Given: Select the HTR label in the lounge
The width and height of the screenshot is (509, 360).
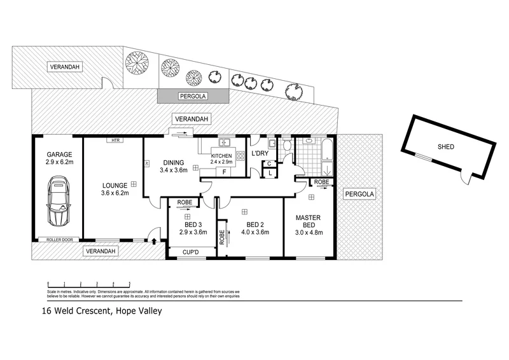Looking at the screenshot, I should coord(115,140).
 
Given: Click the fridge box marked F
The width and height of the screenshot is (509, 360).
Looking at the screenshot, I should coord(224,172).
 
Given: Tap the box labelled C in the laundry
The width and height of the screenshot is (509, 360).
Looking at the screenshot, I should coord(270,163).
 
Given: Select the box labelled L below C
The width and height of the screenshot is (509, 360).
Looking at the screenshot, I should coord(270,172).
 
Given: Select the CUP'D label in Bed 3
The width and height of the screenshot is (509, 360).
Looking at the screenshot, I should coord(190,253).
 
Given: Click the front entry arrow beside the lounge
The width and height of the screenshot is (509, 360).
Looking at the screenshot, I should coord(153,240).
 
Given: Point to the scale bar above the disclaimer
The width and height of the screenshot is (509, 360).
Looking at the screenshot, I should coord(89,283).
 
